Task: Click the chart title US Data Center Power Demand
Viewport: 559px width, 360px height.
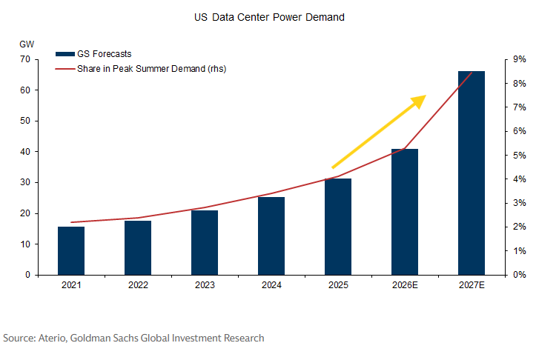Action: [269, 18]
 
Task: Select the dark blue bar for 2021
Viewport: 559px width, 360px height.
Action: [71, 250]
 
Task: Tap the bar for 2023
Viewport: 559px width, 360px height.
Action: [205, 242]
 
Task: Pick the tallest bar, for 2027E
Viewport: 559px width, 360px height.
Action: [472, 173]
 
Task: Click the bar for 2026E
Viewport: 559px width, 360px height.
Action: [405, 212]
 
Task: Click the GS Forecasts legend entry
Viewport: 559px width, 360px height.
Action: [93, 54]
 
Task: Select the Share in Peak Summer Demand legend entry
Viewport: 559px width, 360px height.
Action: [141, 69]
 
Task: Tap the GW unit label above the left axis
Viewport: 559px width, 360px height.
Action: [27, 44]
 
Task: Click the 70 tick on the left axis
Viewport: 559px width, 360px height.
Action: [25, 59]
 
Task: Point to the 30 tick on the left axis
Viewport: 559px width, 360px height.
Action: [25, 182]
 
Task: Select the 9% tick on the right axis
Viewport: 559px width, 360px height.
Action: [520, 59]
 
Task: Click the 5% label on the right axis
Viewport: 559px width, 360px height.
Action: [520, 156]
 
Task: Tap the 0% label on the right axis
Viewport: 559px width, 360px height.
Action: [520, 275]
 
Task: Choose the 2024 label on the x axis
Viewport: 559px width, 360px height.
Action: [271, 285]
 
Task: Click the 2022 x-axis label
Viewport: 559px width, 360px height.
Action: [138, 285]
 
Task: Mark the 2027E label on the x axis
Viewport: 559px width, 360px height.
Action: [472, 285]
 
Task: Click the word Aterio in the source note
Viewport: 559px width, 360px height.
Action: [53, 338]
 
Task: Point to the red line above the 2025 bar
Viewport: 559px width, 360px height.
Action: [338, 176]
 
